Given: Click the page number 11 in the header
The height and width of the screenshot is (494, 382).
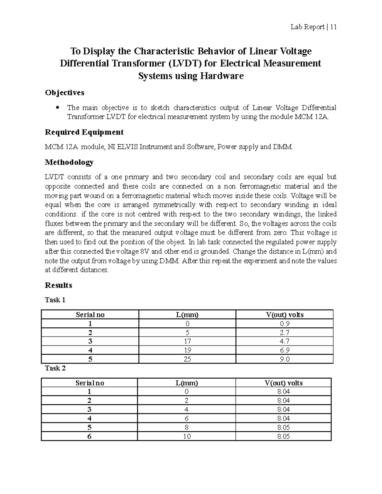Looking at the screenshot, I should tap(333, 27).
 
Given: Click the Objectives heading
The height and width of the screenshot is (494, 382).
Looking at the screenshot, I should tap(65, 93).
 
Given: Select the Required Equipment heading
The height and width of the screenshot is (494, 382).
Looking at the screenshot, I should tap(84, 132).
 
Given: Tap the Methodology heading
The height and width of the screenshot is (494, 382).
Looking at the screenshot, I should tap(69, 162).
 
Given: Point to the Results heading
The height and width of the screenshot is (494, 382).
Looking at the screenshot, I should tap(59, 285).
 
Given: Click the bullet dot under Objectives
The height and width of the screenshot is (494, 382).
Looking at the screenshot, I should tap(58, 108).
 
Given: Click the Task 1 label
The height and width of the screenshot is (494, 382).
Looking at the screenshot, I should tap(55, 300).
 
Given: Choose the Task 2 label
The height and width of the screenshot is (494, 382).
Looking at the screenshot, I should tap(55, 368).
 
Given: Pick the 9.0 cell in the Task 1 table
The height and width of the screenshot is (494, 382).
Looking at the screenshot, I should tap(284, 359).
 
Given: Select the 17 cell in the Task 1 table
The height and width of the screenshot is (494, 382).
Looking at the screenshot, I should tap(187, 341).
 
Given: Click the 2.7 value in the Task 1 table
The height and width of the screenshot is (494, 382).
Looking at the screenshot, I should tap(284, 333).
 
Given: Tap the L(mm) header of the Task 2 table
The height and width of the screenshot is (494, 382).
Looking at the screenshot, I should tap(187, 383).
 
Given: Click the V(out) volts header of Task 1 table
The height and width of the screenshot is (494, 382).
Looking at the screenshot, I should tap(285, 315).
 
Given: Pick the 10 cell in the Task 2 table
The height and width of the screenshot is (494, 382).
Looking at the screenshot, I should tap(187, 436).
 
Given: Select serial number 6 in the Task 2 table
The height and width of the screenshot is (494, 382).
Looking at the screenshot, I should tap(89, 436).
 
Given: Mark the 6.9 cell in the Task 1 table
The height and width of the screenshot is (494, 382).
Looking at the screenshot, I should tap(284, 350).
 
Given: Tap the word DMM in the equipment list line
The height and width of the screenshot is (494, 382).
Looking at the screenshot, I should tap(283, 147).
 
